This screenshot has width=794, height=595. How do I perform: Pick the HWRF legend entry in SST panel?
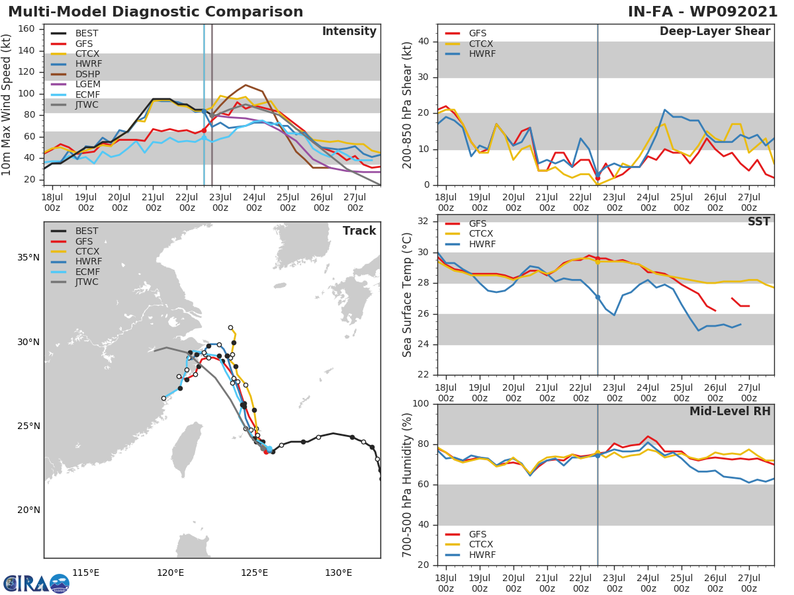tap(482, 245)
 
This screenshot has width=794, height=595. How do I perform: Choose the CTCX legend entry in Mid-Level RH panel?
tap(482, 545)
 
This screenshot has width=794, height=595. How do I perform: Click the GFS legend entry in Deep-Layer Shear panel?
tap(478, 33)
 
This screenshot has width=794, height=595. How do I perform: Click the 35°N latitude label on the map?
tap(29, 258)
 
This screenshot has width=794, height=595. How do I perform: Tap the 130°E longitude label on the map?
tap(338, 573)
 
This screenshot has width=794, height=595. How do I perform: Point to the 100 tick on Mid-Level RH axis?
tap(421, 404)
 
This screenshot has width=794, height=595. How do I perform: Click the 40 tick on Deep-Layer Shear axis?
tap(425, 42)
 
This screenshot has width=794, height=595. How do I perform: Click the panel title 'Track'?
tap(359, 231)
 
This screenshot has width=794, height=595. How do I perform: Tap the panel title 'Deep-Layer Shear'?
tap(715, 32)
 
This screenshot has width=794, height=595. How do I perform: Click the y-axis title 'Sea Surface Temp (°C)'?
tap(408, 295)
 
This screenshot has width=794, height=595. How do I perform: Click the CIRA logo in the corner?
tap(36, 583)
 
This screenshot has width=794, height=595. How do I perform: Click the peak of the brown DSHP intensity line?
tap(245, 85)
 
